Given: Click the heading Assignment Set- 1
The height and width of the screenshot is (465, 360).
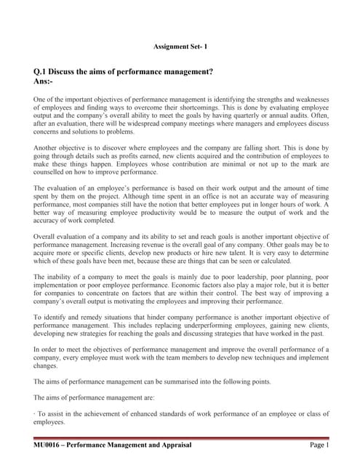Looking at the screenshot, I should pos(180,46).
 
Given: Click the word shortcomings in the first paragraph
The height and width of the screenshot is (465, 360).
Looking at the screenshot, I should pos(199,108).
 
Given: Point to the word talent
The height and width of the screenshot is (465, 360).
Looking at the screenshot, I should pos(223,254).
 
